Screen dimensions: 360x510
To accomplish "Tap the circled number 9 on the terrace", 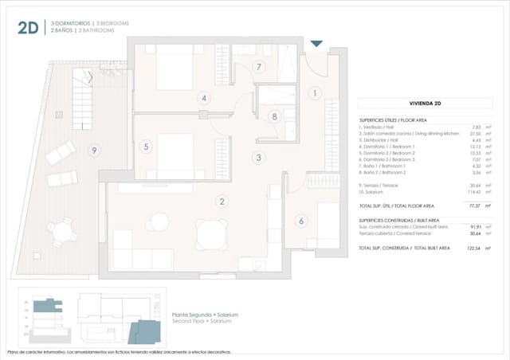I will coord(95,150).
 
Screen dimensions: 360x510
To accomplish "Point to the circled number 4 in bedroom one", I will coord(204,99).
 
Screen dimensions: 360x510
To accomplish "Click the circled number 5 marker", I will coord(146,147).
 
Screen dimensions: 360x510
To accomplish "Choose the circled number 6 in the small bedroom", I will coord(301,221).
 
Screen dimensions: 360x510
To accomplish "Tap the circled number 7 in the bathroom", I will coord(259,67).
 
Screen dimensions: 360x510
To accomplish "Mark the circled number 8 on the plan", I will coord(274,116).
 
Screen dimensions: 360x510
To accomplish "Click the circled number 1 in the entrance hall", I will coord(314,93).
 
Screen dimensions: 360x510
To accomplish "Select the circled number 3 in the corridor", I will coord(258,158).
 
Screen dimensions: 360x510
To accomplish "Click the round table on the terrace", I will coord(60,232).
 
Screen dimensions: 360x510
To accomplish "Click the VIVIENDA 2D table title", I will coord(426,104).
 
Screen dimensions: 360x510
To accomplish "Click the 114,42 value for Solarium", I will coord(475,191).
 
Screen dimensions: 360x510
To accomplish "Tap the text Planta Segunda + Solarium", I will coord(205,315).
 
